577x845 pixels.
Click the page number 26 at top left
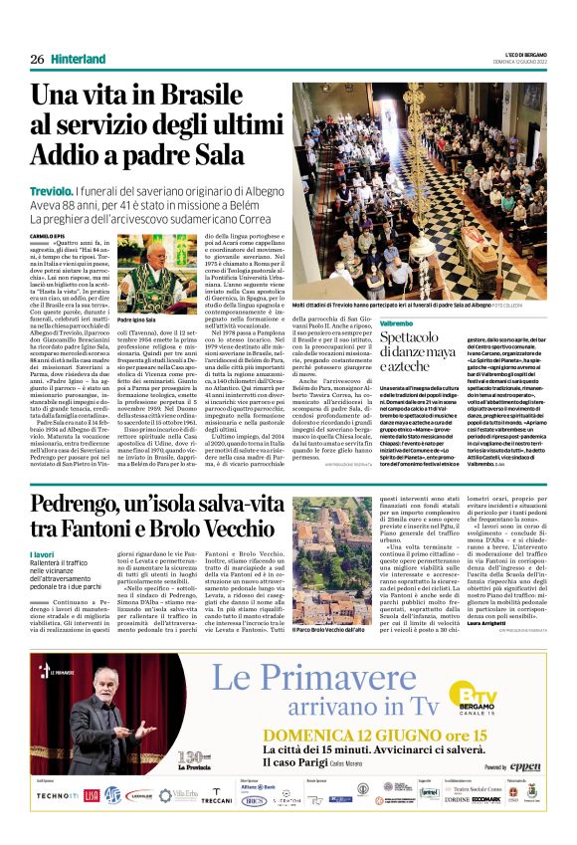36,60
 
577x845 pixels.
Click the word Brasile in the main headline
182,98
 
